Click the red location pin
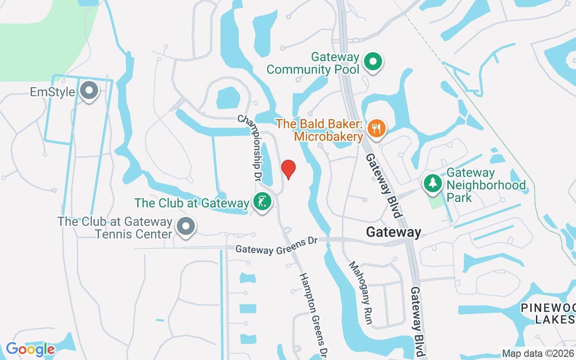[x=288, y=169]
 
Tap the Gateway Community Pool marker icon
[x=373, y=62]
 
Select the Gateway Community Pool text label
[x=313, y=63]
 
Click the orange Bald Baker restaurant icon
[x=376, y=128]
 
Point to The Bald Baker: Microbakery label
[x=320, y=130]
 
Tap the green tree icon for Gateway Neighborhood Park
[x=432, y=182]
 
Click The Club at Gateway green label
[x=192, y=203]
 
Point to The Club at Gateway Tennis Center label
[x=115, y=228]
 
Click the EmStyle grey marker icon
[x=89, y=90]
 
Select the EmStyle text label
[x=52, y=92]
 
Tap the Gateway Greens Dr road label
[x=276, y=246]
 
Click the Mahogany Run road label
[x=361, y=292]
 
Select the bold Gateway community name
[x=393, y=232]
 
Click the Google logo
[x=30, y=349]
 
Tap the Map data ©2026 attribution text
[x=538, y=353]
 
